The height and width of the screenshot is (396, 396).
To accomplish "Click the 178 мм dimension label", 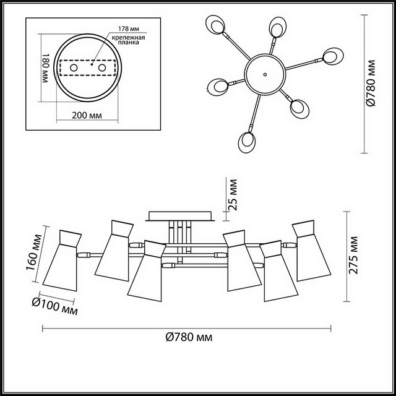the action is coord(129,29).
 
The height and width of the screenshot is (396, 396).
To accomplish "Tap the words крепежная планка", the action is coord(129,40).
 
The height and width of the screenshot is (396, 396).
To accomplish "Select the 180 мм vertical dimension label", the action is coord(45,68).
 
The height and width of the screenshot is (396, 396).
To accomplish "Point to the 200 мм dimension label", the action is coord(87,116).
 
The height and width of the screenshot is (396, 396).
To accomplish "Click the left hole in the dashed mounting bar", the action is coord(74,67).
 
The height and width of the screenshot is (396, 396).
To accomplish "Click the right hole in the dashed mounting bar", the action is coord(102,67).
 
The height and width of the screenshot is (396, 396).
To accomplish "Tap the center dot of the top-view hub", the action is coord(265,74).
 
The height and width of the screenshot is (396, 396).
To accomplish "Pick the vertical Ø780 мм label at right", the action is coord(371,83).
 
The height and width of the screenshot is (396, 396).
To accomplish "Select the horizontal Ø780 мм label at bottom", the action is coord(189,337).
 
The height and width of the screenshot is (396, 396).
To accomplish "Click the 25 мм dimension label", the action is coord(233,195).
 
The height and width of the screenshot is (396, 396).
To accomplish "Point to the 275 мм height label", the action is coord(353,255).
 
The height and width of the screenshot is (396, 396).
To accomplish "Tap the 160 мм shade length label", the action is coord(34,252).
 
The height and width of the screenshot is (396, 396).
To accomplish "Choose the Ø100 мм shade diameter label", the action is coord(55,306).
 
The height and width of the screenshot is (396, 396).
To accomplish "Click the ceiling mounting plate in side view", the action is coord(180,216).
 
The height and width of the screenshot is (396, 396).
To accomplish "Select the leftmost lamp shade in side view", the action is coord(62,260).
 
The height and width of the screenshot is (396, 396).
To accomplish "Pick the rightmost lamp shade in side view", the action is coord(311,251).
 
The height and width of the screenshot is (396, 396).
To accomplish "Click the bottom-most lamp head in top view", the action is coord(247,142).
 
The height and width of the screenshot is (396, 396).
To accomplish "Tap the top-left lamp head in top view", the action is coord(215,25).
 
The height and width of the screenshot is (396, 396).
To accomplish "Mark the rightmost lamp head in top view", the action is coord(333,56).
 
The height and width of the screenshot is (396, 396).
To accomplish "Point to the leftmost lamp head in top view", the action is coord(217,87).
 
